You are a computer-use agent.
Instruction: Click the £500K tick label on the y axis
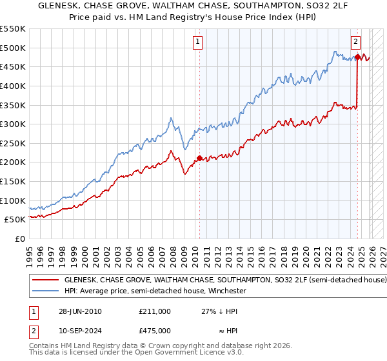pyautogui.click(x=13, y=48)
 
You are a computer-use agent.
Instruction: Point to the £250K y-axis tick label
pyautogui.click(x=13, y=143)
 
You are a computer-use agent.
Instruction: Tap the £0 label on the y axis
pyautogui.click(x=19, y=239)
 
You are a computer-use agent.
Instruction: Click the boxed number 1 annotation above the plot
pyautogui.click(x=197, y=43)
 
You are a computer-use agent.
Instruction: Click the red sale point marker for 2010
pyautogui.click(x=199, y=158)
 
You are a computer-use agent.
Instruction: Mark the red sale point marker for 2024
pyautogui.click(x=357, y=57)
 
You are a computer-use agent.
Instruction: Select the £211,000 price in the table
pyautogui.click(x=154, y=311)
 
